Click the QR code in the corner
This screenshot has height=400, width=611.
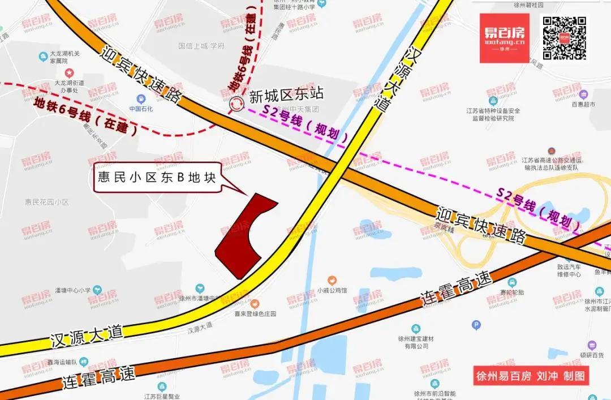click(x=564, y=38)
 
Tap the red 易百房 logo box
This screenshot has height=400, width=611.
click(x=505, y=38)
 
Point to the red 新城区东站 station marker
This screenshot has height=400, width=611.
click(x=235, y=104)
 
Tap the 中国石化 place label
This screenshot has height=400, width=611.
click(x=141, y=108)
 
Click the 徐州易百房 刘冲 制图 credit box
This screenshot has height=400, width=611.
click(x=531, y=376)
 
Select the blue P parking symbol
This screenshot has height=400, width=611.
click(x=476, y=325)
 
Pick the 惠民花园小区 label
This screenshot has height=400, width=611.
click(x=46, y=201)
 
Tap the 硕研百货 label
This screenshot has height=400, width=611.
click(x=592, y=355)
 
